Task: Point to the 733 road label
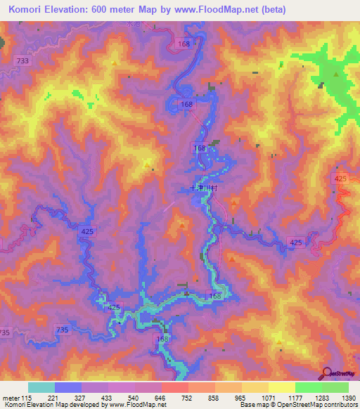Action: coord(23,61)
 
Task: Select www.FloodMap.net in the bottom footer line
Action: coord(131,405)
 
